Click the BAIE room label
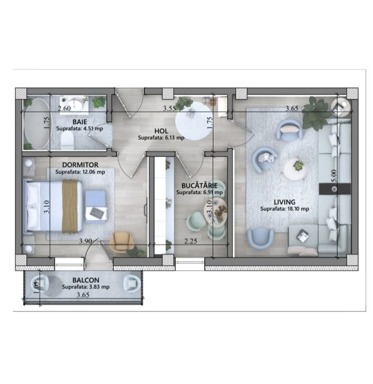(80, 122)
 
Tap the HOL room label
(161, 131)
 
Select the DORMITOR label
(80, 165)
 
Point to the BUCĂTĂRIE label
(199, 185)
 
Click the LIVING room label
(285, 202)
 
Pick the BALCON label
(86, 280)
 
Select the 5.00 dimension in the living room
(333, 176)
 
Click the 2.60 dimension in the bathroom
(64, 108)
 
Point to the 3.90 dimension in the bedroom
(85, 241)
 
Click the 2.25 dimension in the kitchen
(191, 241)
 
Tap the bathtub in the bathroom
(37, 124)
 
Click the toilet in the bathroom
(67, 141)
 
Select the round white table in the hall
(193, 121)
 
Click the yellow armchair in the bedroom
(122, 242)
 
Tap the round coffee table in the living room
(295, 169)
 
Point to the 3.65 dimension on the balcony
(83, 295)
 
